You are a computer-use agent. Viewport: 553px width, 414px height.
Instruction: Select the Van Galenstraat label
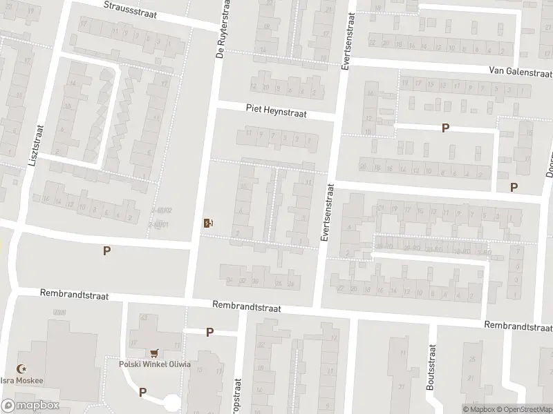[520, 71]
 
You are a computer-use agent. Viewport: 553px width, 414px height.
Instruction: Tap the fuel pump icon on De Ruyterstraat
[207, 222]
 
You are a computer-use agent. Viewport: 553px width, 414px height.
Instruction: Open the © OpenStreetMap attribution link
[523, 409]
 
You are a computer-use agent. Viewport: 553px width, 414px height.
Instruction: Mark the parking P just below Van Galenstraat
[446, 128]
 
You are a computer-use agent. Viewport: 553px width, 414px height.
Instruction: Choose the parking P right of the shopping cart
[209, 333]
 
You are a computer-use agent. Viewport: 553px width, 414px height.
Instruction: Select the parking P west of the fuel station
[106, 251]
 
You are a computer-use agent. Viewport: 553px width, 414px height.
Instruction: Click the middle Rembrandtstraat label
[246, 306]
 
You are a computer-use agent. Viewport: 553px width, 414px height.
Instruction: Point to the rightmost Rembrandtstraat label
[517, 326]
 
